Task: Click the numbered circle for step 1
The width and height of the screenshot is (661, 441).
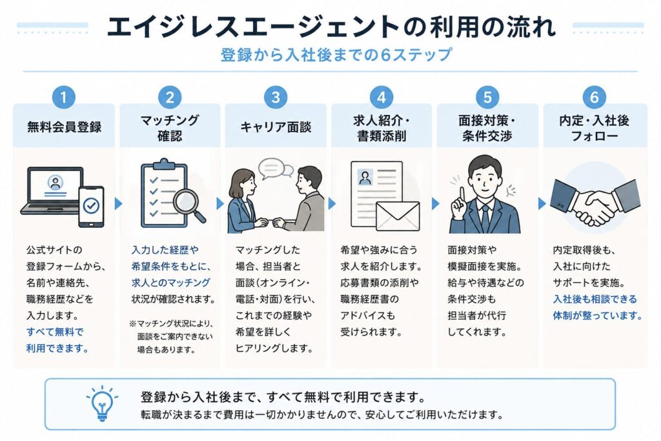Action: point(64,97)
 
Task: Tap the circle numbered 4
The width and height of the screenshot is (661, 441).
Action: point(381,97)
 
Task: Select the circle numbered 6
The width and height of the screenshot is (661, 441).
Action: point(594,97)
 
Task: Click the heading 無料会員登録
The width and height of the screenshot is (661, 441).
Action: point(64,127)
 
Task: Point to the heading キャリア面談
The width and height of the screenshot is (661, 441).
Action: point(276,127)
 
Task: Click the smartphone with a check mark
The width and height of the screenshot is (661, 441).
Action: point(91,206)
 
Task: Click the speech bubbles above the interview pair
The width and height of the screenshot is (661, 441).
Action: point(275,169)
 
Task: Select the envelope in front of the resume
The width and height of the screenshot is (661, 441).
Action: point(398,216)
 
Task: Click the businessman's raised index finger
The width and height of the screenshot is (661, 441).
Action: point(462,195)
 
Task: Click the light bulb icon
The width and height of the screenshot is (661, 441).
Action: point(102,404)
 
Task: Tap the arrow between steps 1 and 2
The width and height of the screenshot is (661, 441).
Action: point(118,203)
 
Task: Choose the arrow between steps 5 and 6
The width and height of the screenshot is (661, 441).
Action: point(542,203)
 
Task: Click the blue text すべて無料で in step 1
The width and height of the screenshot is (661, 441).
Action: point(55,332)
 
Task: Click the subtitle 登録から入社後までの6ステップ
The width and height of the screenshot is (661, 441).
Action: point(336,55)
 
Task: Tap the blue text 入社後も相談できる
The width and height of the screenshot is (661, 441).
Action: point(595,299)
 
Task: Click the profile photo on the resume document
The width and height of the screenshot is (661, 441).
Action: point(365,177)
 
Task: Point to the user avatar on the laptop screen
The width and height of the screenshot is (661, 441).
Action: point(56,183)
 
